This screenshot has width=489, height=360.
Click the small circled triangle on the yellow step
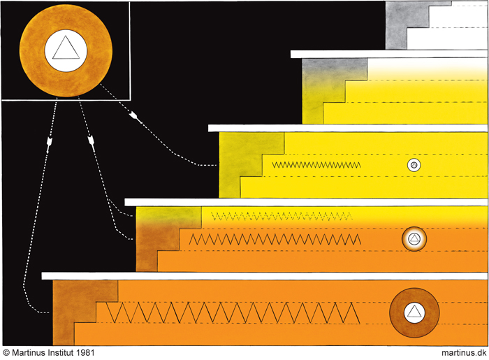click(x=414, y=166)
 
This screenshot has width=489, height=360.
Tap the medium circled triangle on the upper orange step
click(x=414, y=240)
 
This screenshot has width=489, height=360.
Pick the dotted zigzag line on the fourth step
click(x=279, y=215)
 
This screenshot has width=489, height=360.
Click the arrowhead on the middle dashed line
click(x=91, y=144)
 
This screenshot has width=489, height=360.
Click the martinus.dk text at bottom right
click(x=463, y=353)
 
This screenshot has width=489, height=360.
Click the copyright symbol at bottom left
click(x=6, y=353)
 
